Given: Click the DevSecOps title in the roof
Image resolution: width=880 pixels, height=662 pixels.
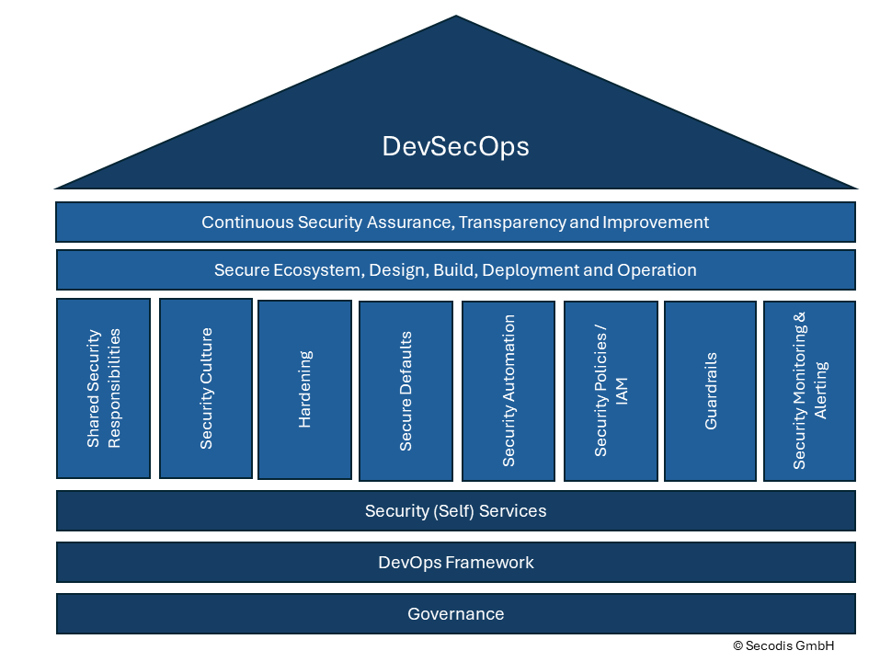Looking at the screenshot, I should click(x=455, y=147).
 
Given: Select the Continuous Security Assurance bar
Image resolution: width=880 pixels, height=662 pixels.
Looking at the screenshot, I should click(x=455, y=223).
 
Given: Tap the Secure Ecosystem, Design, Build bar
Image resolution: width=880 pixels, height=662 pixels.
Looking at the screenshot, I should click(x=455, y=270).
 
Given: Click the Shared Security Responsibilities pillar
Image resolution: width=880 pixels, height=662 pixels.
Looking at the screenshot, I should click(x=103, y=388).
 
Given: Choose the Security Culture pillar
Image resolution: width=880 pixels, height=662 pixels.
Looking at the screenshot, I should click(x=206, y=388).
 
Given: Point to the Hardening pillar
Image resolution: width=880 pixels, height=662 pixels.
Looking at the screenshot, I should click(x=304, y=389).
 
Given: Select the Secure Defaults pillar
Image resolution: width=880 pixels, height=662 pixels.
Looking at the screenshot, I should click(x=406, y=391).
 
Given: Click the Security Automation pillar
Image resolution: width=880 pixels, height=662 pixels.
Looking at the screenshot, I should click(x=509, y=391).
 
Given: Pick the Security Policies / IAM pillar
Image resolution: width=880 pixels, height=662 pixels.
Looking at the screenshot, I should click(x=611, y=391).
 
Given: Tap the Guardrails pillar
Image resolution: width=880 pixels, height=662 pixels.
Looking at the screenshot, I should click(x=710, y=391).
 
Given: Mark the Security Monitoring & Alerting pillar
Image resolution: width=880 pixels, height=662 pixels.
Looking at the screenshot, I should click(x=809, y=391).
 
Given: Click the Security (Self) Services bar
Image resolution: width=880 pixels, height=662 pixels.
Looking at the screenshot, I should click(x=455, y=511).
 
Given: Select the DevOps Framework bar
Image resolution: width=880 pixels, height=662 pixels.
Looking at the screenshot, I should click(x=455, y=563).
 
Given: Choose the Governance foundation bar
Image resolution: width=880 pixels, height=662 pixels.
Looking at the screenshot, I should click(x=455, y=614).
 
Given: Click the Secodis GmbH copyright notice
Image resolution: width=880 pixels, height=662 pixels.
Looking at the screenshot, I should click(x=783, y=645).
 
